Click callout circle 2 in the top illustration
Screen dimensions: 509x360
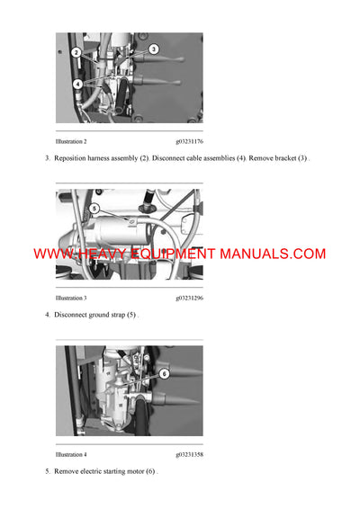(76, 53)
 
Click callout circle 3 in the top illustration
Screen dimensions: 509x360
(153, 49)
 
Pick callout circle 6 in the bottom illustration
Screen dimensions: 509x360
(164, 372)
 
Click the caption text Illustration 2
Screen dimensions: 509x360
(71, 141)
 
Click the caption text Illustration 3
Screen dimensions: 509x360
(71, 298)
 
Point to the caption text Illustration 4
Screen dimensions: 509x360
(71, 454)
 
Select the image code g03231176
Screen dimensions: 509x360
(189, 141)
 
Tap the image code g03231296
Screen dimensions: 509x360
(189, 298)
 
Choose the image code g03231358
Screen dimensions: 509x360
(189, 454)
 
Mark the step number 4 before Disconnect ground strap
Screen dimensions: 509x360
(47, 315)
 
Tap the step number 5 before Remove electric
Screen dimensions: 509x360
(47, 471)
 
